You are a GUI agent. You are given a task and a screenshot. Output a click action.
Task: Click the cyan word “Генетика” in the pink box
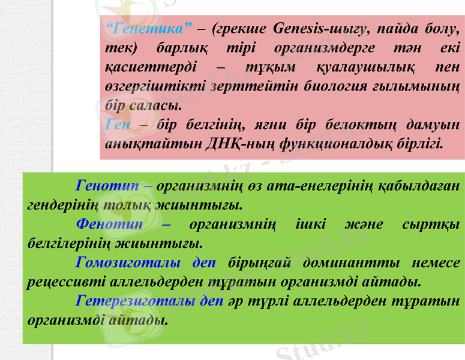pyautogui.click(x=148, y=28)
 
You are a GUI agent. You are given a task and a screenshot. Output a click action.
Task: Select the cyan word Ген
pyautogui.click(x=117, y=125)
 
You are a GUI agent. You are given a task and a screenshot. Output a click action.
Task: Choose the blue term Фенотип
pyautogui.click(x=109, y=224)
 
